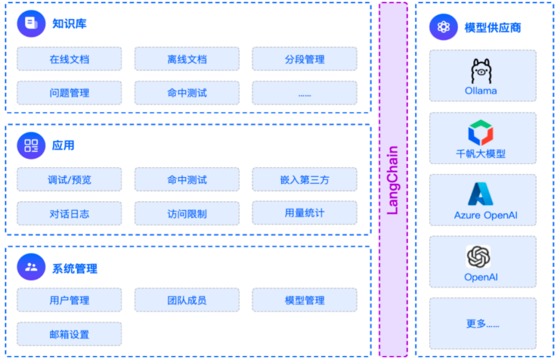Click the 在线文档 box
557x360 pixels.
(69, 59)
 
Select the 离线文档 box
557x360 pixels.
(187, 59)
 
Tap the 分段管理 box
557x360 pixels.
(304, 59)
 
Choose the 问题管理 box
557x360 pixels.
(69, 93)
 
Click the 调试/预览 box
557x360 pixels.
(69, 179)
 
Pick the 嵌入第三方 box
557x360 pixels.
(304, 179)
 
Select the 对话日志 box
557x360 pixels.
(69, 213)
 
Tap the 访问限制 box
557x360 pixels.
(187, 213)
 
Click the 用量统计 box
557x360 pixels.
(304, 213)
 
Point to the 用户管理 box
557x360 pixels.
(69, 300)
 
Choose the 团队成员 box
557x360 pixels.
(187, 300)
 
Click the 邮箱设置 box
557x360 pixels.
(69, 334)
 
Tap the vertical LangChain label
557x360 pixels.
(393, 180)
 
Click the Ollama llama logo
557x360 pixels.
(481, 71)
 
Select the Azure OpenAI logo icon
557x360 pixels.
(480, 194)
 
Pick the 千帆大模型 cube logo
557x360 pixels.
(480, 132)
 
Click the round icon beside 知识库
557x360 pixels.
(31, 23)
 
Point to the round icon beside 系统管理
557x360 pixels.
(31, 267)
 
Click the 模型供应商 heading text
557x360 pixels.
(492, 27)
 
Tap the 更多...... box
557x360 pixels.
(483, 323)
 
